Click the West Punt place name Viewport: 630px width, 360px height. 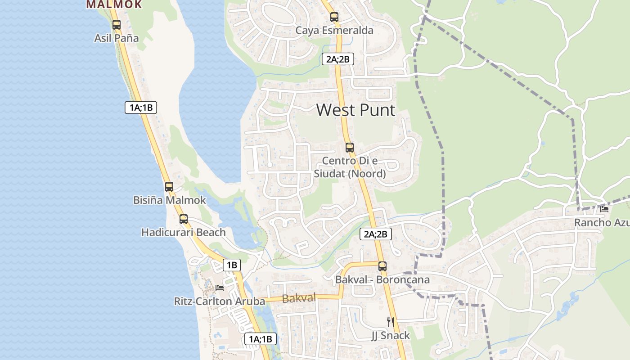(355, 110)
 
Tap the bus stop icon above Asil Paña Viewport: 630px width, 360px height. (117, 25)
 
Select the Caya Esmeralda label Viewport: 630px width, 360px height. (334, 31)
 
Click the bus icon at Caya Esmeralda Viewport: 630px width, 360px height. (334, 17)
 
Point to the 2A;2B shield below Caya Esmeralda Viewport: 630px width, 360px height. (338, 58)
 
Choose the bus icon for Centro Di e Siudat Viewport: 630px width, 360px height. (349, 147)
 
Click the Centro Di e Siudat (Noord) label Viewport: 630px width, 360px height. (354, 167)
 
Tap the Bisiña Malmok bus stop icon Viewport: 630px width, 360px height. (169, 186)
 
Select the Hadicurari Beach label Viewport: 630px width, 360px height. (183, 232)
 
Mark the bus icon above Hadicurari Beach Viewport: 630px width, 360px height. (184, 219)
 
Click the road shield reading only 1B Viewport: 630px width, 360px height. (231, 265)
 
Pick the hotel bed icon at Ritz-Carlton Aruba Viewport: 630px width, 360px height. (220, 288)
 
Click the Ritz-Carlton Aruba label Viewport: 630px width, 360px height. (219, 301)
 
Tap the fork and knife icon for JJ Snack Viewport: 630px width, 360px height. (391, 322)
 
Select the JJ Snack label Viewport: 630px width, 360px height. (390, 335)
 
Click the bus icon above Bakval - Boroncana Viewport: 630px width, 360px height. (382, 266)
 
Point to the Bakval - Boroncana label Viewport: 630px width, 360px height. (382, 279)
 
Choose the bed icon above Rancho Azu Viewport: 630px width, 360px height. (604, 209)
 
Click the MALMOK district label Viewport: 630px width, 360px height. (114, 4)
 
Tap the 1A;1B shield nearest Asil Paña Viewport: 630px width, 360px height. (141, 108)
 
